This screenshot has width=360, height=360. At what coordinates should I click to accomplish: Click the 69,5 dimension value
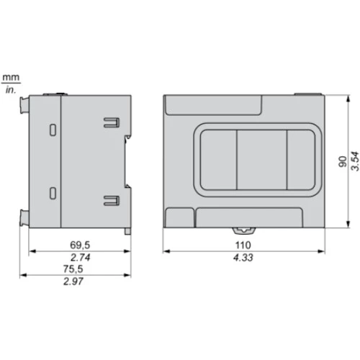[80, 245]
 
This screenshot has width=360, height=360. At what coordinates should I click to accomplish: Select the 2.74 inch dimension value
[81, 258]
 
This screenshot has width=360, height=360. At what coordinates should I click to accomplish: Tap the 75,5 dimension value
[73, 269]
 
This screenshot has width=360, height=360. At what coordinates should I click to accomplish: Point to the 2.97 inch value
[73, 282]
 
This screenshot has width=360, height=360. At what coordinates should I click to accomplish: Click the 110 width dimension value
[243, 246]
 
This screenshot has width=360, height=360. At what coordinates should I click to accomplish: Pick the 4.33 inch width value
[243, 258]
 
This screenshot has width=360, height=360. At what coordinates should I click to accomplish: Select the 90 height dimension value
[343, 161]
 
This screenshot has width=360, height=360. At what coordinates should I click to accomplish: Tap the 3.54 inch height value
[355, 161]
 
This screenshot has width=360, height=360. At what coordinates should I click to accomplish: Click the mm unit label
[11, 77]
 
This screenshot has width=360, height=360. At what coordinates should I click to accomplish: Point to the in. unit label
[11, 90]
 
